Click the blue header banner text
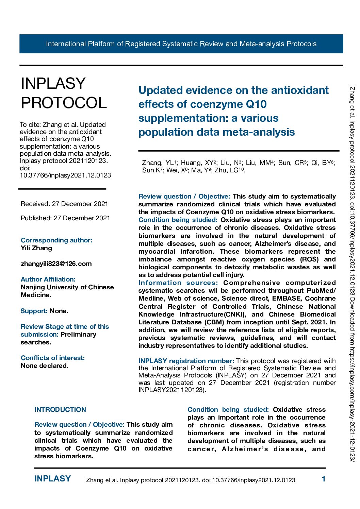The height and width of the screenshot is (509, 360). point(181,44)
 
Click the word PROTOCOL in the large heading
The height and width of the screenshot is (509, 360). point(64,103)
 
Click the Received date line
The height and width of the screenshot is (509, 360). point(64,204)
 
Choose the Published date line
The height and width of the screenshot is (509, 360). point(65,218)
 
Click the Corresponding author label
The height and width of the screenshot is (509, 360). point(56,240)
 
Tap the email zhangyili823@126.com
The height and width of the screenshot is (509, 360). point(56,264)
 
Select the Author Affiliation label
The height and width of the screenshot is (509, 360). point(48,279)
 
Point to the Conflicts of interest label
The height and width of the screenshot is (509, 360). point(53,358)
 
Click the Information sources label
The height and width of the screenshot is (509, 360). point(178,283)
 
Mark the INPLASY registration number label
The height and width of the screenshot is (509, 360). point(186,361)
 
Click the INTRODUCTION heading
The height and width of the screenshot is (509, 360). point(60,410)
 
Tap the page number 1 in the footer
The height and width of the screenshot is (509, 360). point(324,479)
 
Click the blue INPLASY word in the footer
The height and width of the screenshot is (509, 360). point(52,479)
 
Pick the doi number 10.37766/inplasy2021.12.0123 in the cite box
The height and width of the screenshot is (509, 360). point(65,175)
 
